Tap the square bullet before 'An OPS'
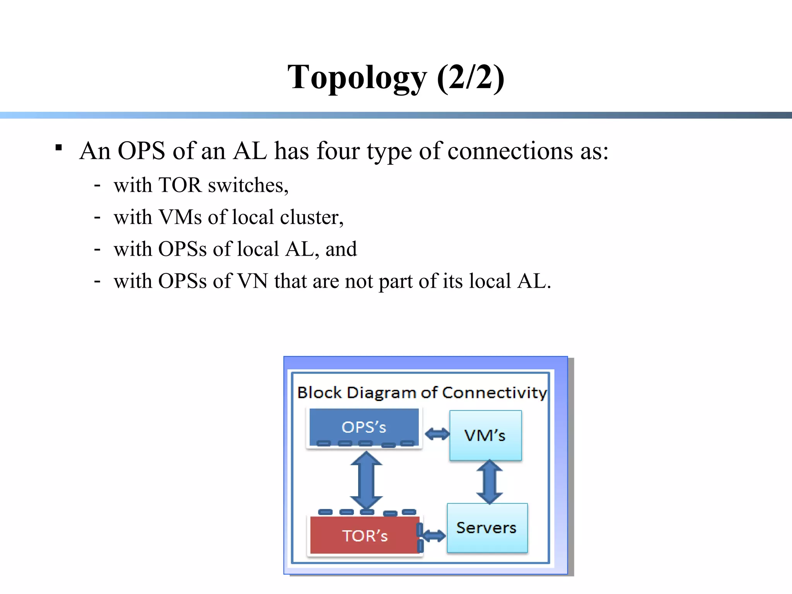click(59, 148)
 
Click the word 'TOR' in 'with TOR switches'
click(180, 185)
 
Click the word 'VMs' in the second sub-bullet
click(180, 217)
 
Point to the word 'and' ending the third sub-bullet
click(341, 249)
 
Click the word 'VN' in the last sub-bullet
click(253, 281)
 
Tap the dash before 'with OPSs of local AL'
click(97, 249)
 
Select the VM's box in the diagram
click(485, 435)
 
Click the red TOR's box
click(365, 535)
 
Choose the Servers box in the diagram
click(487, 528)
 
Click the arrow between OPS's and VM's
click(437, 434)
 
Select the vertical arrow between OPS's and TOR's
click(366, 481)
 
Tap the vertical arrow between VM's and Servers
click(490, 482)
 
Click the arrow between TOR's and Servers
click(434, 536)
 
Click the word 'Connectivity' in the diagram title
click(495, 393)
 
